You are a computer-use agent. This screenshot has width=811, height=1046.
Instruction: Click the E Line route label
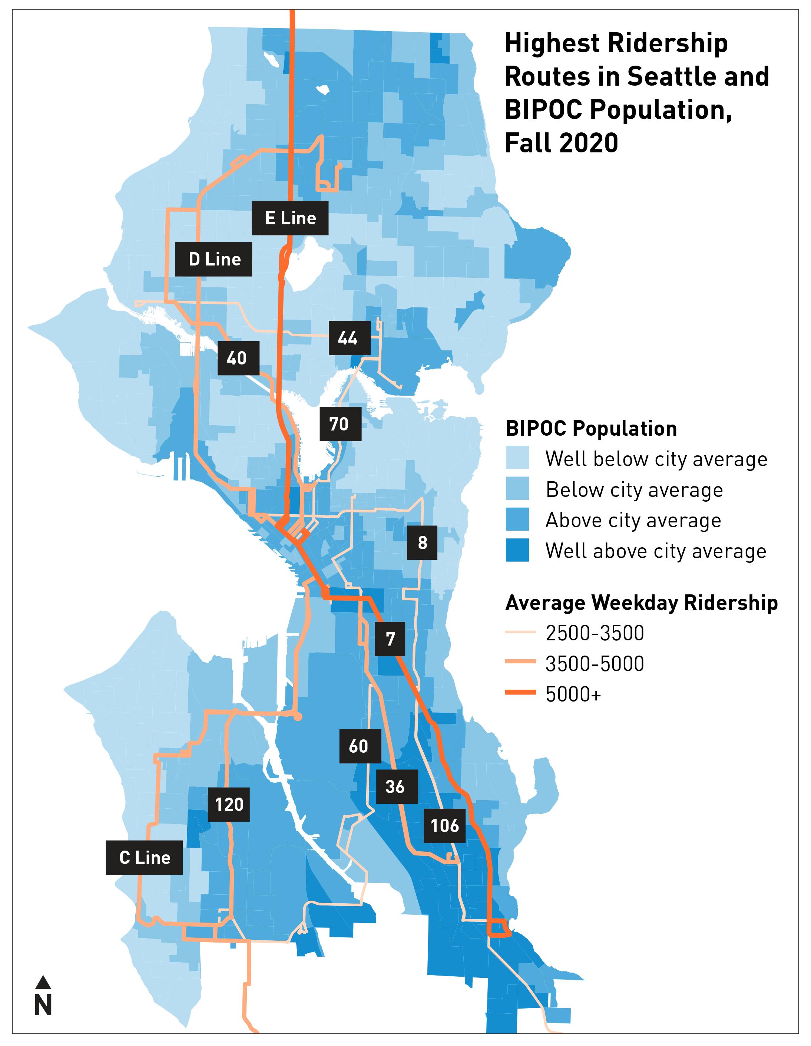tap(290, 218)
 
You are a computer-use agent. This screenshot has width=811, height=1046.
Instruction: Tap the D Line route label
tap(213, 259)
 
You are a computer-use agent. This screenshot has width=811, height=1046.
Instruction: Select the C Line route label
tap(144, 857)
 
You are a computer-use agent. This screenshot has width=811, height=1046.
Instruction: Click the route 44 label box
tap(349, 338)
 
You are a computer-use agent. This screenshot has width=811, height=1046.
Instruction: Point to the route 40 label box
tap(238, 358)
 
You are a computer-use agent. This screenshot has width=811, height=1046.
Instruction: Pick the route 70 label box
tap(340, 424)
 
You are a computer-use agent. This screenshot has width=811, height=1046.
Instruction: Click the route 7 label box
tap(390, 639)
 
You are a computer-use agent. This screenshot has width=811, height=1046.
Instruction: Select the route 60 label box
tap(360, 746)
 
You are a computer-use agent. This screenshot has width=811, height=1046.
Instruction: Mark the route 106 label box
tap(444, 826)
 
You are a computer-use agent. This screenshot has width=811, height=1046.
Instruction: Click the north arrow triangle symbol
tap(43, 982)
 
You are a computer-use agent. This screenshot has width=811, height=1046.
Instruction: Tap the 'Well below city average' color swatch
tap(517, 458)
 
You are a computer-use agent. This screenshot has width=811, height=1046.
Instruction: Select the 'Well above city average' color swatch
tap(517, 550)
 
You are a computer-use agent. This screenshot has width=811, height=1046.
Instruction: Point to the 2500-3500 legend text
tap(595, 633)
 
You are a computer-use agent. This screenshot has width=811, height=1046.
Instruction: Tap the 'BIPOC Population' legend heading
tap(591, 428)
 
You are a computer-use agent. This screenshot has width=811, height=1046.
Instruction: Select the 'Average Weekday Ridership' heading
tap(642, 603)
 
